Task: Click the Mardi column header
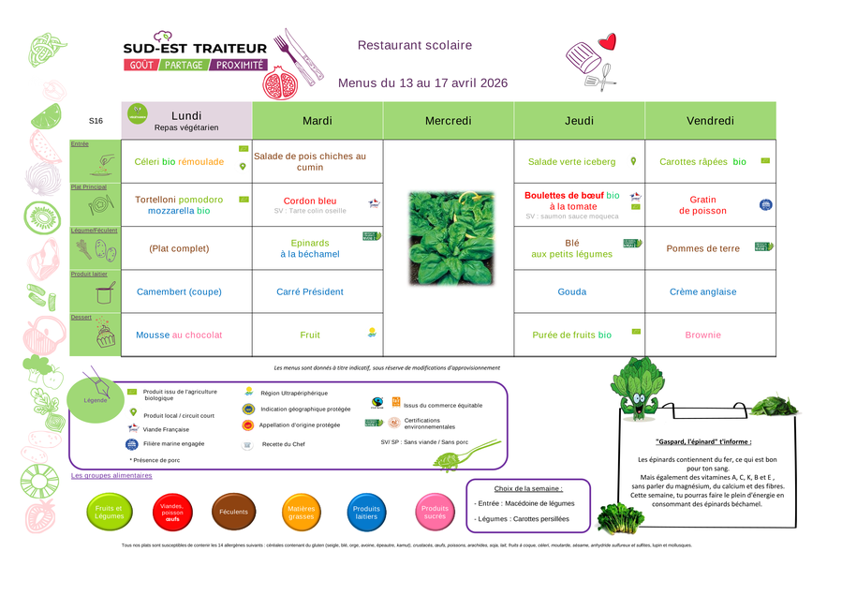point(318,121)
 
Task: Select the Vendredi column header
point(710,121)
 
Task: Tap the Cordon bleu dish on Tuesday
point(310,201)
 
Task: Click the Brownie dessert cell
point(702,335)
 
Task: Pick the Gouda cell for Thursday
point(572,291)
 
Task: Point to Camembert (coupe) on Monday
point(179,291)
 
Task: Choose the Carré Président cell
point(310,291)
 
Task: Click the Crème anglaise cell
point(702,291)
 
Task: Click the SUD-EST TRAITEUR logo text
point(195,48)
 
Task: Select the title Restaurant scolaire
point(415,45)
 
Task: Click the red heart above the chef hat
point(608,41)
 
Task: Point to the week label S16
point(96,121)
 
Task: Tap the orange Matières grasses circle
point(301,513)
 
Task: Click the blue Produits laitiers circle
point(366,513)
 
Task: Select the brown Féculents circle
point(233,513)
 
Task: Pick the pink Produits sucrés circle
point(435,513)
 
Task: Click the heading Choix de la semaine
point(528,488)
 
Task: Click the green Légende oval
point(96,400)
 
